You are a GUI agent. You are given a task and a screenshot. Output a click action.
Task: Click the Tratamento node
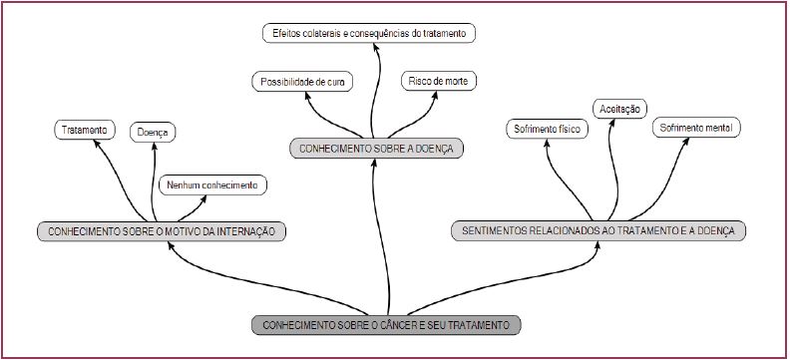pos(84,131)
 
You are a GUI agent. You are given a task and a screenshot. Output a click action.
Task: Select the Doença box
pos(155,131)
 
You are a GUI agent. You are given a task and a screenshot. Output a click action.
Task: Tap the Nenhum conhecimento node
pos(213,185)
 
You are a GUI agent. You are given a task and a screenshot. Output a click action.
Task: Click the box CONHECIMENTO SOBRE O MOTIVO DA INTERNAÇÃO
pos(162,232)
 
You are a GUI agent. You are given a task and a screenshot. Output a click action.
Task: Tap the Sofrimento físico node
pos(548,130)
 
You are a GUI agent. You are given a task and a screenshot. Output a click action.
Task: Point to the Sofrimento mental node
pos(697,130)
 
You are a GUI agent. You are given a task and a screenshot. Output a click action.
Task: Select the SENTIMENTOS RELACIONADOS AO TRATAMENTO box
pos(598,231)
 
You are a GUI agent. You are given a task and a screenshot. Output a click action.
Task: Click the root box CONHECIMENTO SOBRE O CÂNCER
pos(386,325)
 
